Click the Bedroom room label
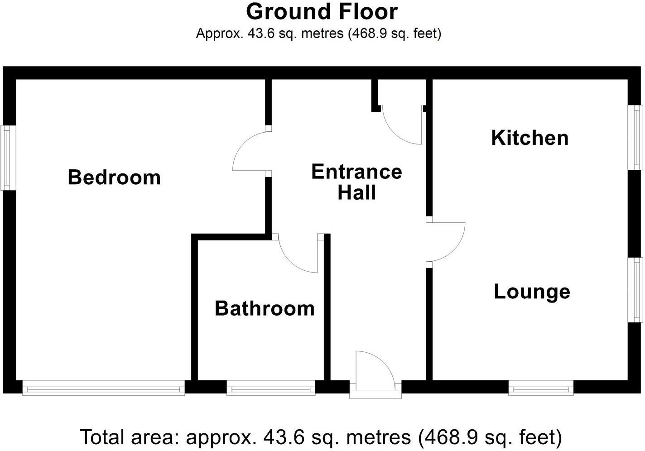click(x=114, y=177)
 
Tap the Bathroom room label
click(x=265, y=308)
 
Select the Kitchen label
click(x=529, y=138)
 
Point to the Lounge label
click(x=532, y=291)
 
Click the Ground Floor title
click(x=322, y=12)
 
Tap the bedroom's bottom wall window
click(x=104, y=388)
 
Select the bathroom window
click(x=271, y=388)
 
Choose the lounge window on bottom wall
click(x=541, y=388)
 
